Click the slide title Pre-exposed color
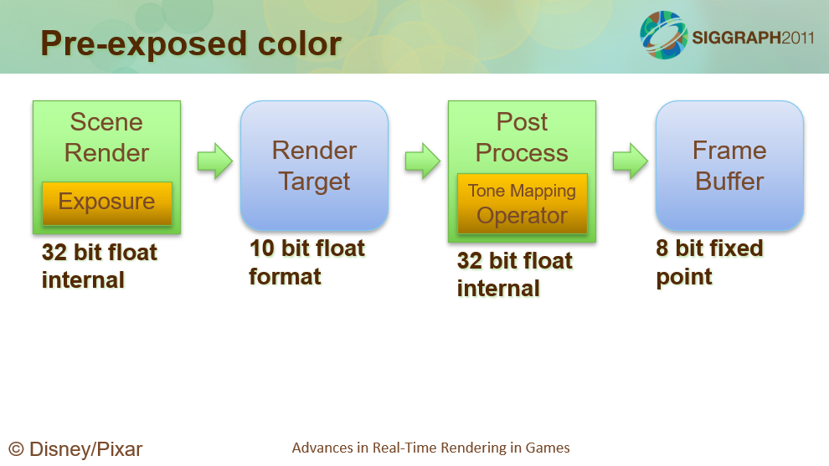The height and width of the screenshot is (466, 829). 191,44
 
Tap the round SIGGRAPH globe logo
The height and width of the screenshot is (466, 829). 663,35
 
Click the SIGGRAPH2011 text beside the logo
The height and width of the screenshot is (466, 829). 753,38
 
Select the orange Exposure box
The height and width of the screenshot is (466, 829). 107,203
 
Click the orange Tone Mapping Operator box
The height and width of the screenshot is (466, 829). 523,204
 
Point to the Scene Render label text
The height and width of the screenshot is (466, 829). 106,137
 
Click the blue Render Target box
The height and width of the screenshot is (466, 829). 315,166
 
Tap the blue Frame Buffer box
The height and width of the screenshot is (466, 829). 729,166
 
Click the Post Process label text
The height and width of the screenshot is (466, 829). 522,137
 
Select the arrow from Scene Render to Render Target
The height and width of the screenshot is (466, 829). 215,161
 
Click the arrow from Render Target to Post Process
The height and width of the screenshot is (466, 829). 423,161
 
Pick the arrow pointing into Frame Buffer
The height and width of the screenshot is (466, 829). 631,161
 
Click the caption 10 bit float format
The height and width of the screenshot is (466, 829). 307,263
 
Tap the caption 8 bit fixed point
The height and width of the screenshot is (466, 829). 709,263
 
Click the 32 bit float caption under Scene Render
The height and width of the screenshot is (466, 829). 100,266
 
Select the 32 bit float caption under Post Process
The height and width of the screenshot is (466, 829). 515,274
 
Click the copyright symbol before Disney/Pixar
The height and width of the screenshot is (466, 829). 17,449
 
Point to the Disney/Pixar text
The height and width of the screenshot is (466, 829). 85,449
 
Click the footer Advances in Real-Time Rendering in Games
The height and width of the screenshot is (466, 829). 431,448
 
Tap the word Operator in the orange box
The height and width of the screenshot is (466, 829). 523,216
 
